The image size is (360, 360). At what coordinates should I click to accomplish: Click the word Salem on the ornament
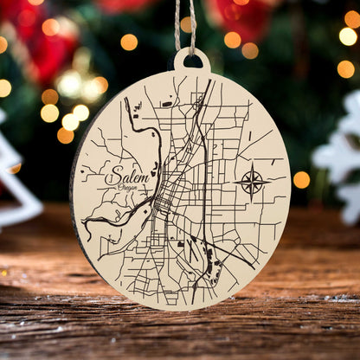pos(126,175)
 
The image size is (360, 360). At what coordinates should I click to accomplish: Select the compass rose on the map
pos(252,183)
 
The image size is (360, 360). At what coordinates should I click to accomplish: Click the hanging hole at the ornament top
pos(191,61)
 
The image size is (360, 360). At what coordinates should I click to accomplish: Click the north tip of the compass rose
pos(252,169)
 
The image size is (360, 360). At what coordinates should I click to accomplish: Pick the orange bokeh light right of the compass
pos(301,179)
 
